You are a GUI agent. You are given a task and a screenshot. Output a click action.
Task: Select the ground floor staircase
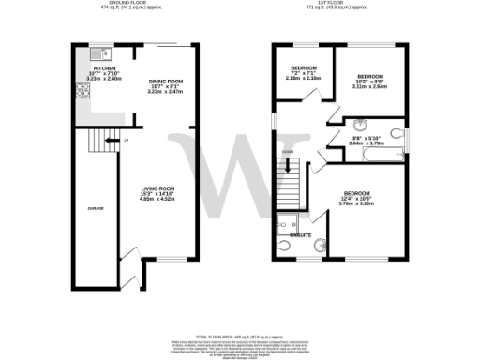coord(97,142)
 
